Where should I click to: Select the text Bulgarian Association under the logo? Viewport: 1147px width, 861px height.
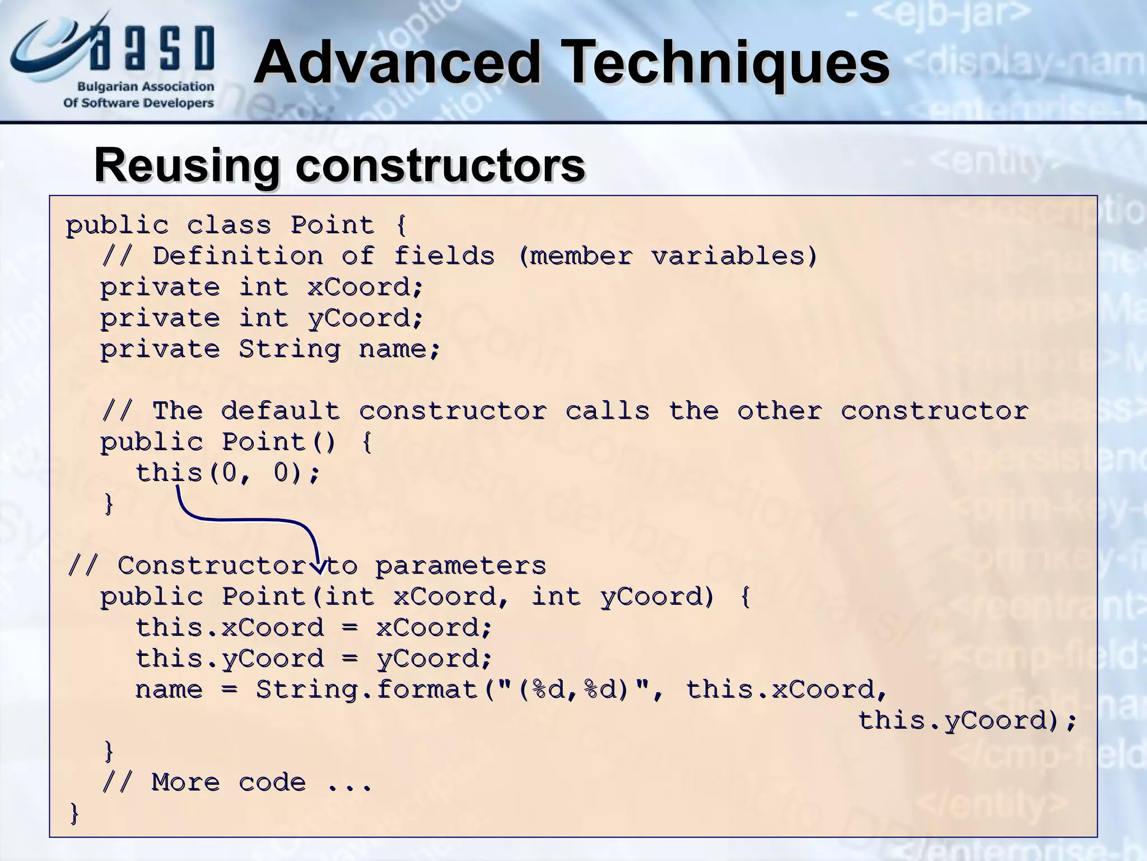146,87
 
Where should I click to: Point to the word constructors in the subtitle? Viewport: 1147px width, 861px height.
440,165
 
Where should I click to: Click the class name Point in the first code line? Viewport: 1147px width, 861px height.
332,225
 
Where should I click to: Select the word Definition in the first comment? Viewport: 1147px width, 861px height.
237,256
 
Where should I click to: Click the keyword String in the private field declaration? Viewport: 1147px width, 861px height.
289,349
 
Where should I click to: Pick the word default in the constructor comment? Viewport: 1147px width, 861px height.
280,411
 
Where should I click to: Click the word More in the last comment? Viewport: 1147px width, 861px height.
185,782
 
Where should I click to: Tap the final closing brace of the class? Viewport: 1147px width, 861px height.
74,813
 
